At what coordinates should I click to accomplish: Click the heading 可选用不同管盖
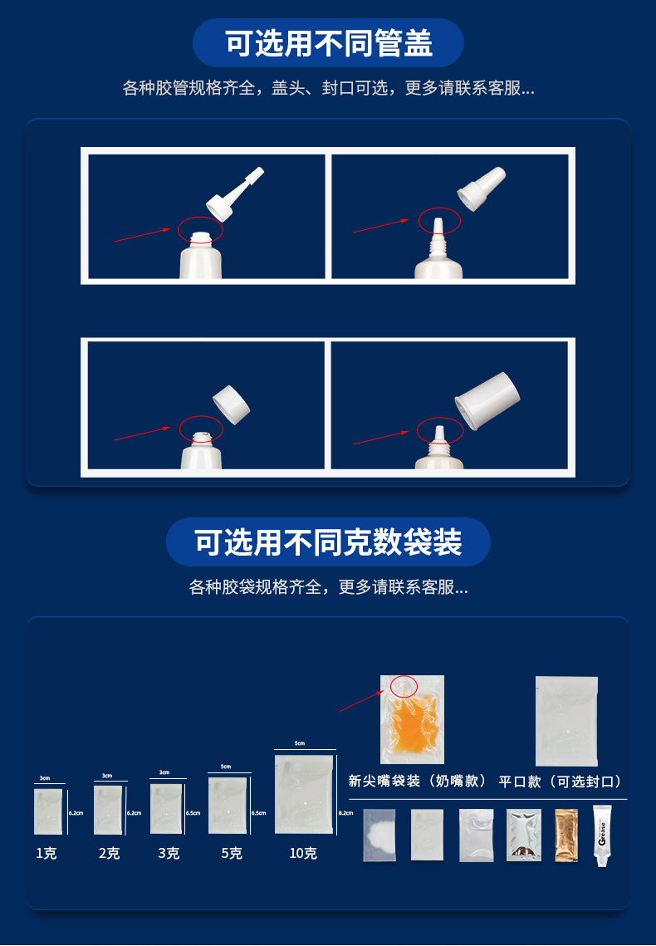(x=328, y=43)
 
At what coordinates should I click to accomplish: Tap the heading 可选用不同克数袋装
(x=328, y=542)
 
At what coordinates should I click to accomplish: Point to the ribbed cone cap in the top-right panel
(x=482, y=189)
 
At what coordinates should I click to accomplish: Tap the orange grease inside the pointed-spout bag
(x=413, y=721)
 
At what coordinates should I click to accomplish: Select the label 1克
(x=47, y=853)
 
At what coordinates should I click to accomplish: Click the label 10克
(x=303, y=853)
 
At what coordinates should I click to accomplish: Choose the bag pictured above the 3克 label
(x=167, y=808)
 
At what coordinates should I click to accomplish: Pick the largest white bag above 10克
(x=303, y=793)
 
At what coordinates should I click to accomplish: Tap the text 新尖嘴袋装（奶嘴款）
(x=417, y=782)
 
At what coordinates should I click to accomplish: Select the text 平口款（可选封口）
(x=561, y=782)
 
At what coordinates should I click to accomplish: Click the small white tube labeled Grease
(x=603, y=835)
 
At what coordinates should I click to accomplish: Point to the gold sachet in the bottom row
(x=565, y=835)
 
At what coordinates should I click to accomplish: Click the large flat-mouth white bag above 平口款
(x=566, y=720)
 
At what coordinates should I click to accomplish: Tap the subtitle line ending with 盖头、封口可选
(x=328, y=88)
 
